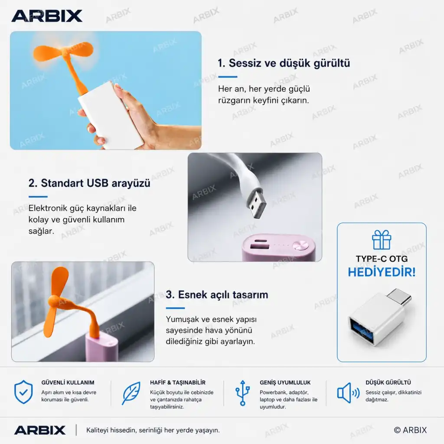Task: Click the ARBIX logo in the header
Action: click(47, 16)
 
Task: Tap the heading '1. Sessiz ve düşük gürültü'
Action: click(284, 63)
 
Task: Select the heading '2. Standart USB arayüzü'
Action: click(89, 183)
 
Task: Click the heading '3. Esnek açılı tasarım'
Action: click(217, 294)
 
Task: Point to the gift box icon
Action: click(382, 239)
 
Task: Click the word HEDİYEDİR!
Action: click(382, 272)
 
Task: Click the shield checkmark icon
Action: click(23, 392)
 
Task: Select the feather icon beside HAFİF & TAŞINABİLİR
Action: click(131, 393)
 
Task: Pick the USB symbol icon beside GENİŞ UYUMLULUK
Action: click(243, 393)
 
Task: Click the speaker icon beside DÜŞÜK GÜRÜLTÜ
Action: click(348, 393)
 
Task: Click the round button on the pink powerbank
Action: click(300, 245)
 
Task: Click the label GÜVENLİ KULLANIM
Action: click(68, 382)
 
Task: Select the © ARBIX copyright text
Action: click(410, 430)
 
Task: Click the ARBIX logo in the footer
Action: click(40, 430)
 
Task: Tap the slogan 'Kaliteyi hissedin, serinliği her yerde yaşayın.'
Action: click(153, 430)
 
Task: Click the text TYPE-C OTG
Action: click(382, 259)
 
